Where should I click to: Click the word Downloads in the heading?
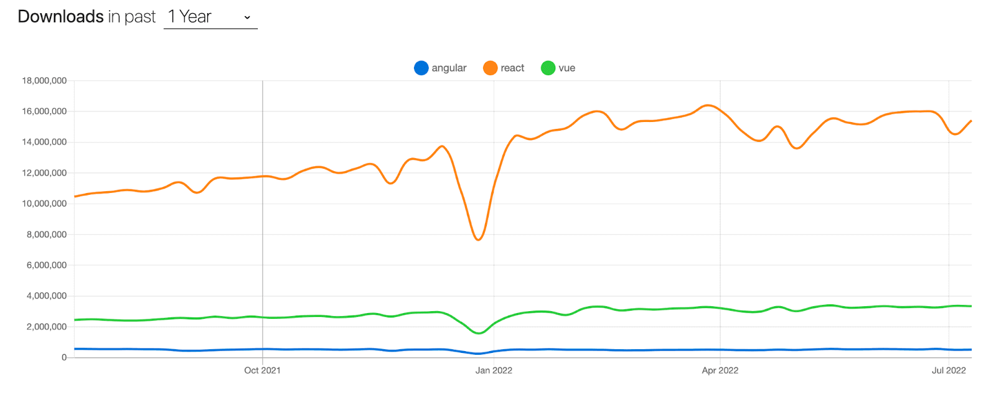(x=60, y=17)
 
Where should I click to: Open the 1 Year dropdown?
(x=210, y=17)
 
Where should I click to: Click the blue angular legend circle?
(x=421, y=68)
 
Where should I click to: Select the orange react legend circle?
(x=491, y=68)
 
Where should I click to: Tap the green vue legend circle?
(x=548, y=68)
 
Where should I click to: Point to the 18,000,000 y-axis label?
(x=44, y=81)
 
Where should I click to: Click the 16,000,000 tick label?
(x=44, y=111)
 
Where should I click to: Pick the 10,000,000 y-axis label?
(x=44, y=204)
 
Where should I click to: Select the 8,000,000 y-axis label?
(x=47, y=235)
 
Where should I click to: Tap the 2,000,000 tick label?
(x=47, y=327)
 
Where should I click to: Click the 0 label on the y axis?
(x=63, y=357)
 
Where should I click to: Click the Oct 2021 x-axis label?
(x=262, y=370)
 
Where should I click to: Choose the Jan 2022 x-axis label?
(x=494, y=370)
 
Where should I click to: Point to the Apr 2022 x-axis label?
(x=720, y=370)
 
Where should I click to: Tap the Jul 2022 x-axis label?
(x=949, y=370)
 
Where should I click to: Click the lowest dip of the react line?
(x=478, y=240)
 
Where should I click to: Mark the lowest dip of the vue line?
(x=479, y=333)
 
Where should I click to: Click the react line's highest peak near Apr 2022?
(x=708, y=105)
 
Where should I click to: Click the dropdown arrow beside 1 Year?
(x=247, y=17)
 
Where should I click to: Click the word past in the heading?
(x=140, y=17)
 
